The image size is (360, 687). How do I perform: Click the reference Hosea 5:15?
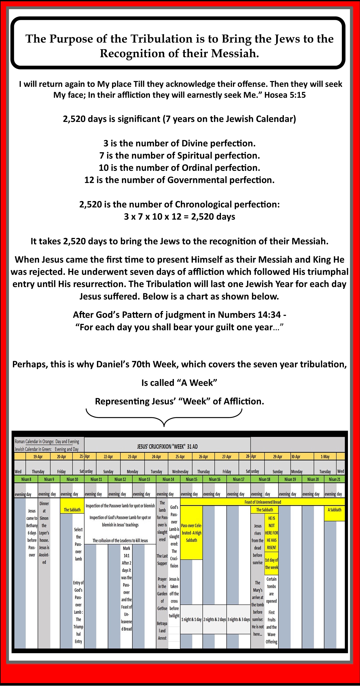(x=285, y=95)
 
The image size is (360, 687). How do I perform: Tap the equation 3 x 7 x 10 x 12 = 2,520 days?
(x=180, y=216)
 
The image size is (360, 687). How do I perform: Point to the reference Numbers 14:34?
(x=249, y=315)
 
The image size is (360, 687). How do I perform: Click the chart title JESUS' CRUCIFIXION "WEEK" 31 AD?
(x=167, y=446)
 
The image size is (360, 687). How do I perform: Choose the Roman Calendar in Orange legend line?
(x=47, y=441)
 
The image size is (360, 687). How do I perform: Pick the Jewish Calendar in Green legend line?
(x=46, y=449)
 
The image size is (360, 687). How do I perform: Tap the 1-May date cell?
(x=325, y=456)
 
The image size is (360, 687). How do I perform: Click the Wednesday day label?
(x=180, y=472)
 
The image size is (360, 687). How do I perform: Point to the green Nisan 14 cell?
(x=168, y=479)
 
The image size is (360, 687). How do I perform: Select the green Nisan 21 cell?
(x=334, y=479)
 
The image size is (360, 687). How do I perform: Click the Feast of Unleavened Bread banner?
(x=263, y=502)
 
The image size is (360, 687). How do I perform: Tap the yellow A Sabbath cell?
(x=334, y=510)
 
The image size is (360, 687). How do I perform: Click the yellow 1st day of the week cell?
(x=271, y=564)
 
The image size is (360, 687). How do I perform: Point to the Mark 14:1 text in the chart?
(x=127, y=552)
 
